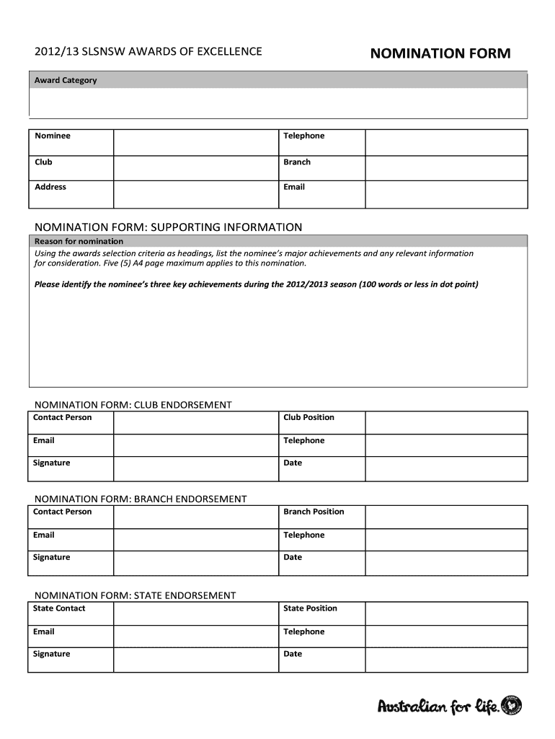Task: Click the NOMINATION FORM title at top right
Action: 440,53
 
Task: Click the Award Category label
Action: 66,80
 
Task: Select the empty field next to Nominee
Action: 195,142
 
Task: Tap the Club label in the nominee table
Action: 44,162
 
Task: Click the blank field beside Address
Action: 195,193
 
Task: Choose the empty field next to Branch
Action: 446,168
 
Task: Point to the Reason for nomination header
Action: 79,241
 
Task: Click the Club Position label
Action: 308,418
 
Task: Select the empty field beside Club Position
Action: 446,423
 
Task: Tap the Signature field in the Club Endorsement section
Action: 195,468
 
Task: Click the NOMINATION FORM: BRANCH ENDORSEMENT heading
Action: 141,499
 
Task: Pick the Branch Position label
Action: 314,512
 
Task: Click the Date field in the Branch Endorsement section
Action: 446,563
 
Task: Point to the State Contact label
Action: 59,608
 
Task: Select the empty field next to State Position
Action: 446,613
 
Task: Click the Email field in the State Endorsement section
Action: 195,637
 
